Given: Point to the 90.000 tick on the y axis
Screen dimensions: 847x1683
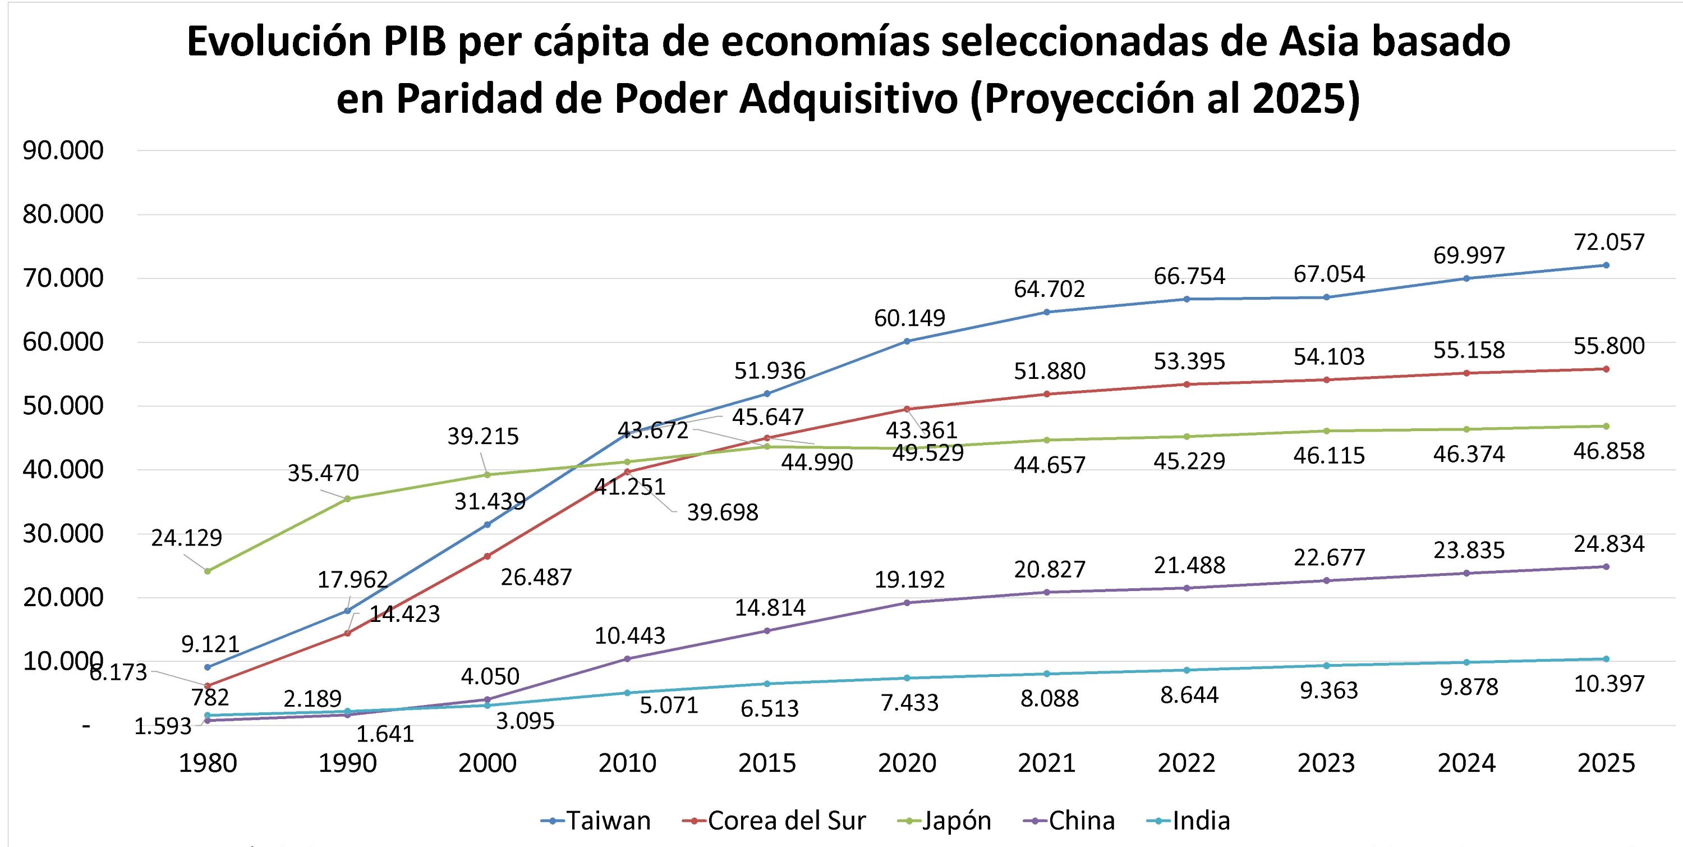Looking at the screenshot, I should point(63,151).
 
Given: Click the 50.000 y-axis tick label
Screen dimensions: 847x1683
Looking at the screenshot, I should point(63,406).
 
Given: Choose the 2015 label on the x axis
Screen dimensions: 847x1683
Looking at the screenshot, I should point(767,763).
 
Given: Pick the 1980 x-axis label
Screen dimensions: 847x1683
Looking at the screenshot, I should point(208,763).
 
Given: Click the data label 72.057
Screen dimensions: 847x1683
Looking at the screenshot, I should point(1608,242).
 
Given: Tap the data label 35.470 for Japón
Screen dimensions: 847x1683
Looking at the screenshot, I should point(323,473).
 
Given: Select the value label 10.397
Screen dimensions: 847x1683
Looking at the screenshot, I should point(1608,684).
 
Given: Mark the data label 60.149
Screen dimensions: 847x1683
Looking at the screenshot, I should point(909,318).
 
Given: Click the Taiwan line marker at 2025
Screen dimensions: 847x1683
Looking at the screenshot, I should point(1606,265).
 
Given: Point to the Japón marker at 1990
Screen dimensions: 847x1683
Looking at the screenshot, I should point(348,498).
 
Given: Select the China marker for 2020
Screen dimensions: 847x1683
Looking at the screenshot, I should point(907,603).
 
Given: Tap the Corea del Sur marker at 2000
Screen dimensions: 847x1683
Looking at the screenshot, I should point(488,556).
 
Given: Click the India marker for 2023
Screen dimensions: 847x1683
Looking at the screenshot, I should point(1326,665).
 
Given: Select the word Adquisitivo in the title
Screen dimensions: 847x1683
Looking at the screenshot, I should point(848,99).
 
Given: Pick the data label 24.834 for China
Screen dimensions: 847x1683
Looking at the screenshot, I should point(1608,544).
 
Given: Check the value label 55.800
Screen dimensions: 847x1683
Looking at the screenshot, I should point(1608,346).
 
